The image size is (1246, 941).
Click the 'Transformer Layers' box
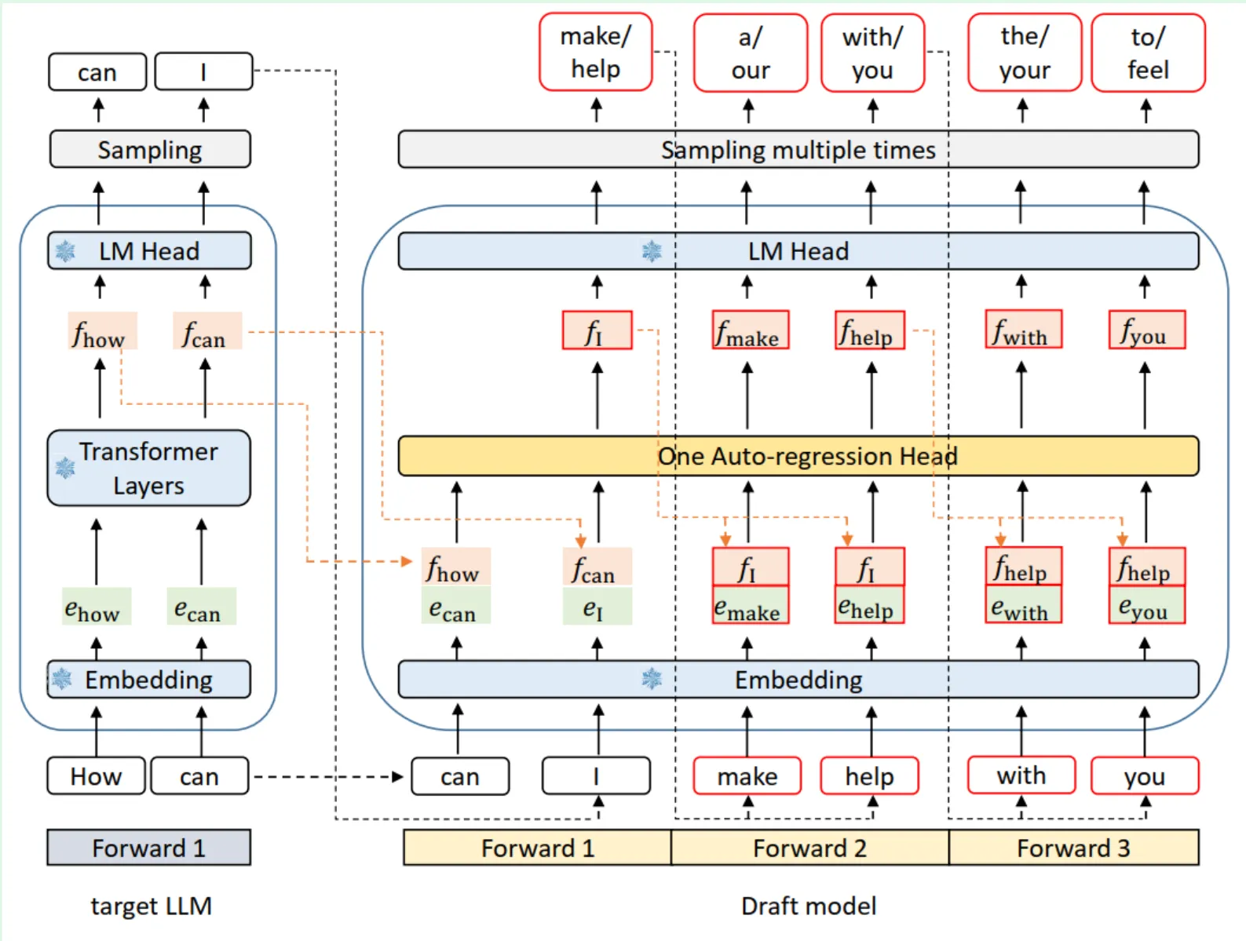(148, 468)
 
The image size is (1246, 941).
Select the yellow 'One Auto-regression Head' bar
(798, 455)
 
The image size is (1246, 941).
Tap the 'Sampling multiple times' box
(798, 149)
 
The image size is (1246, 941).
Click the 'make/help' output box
(595, 52)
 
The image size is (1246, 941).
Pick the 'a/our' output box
(750, 53)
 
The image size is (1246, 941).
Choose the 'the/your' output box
(1024, 53)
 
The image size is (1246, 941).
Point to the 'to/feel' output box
(1148, 53)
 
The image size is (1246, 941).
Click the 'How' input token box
(96, 775)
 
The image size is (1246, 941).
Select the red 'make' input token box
(747, 775)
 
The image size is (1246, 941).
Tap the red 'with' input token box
(1021, 775)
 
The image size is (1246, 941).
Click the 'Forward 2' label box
(809, 848)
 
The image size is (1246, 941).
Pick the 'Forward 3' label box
(1073, 848)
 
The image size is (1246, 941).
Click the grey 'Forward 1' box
(148, 848)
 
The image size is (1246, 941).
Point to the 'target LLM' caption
(151, 906)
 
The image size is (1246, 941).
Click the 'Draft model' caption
(809, 906)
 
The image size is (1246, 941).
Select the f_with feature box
(1023, 329)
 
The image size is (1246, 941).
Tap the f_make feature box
(751, 330)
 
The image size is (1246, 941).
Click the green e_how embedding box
(97, 607)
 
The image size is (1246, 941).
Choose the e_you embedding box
(1146, 604)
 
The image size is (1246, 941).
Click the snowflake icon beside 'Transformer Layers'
(65, 468)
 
